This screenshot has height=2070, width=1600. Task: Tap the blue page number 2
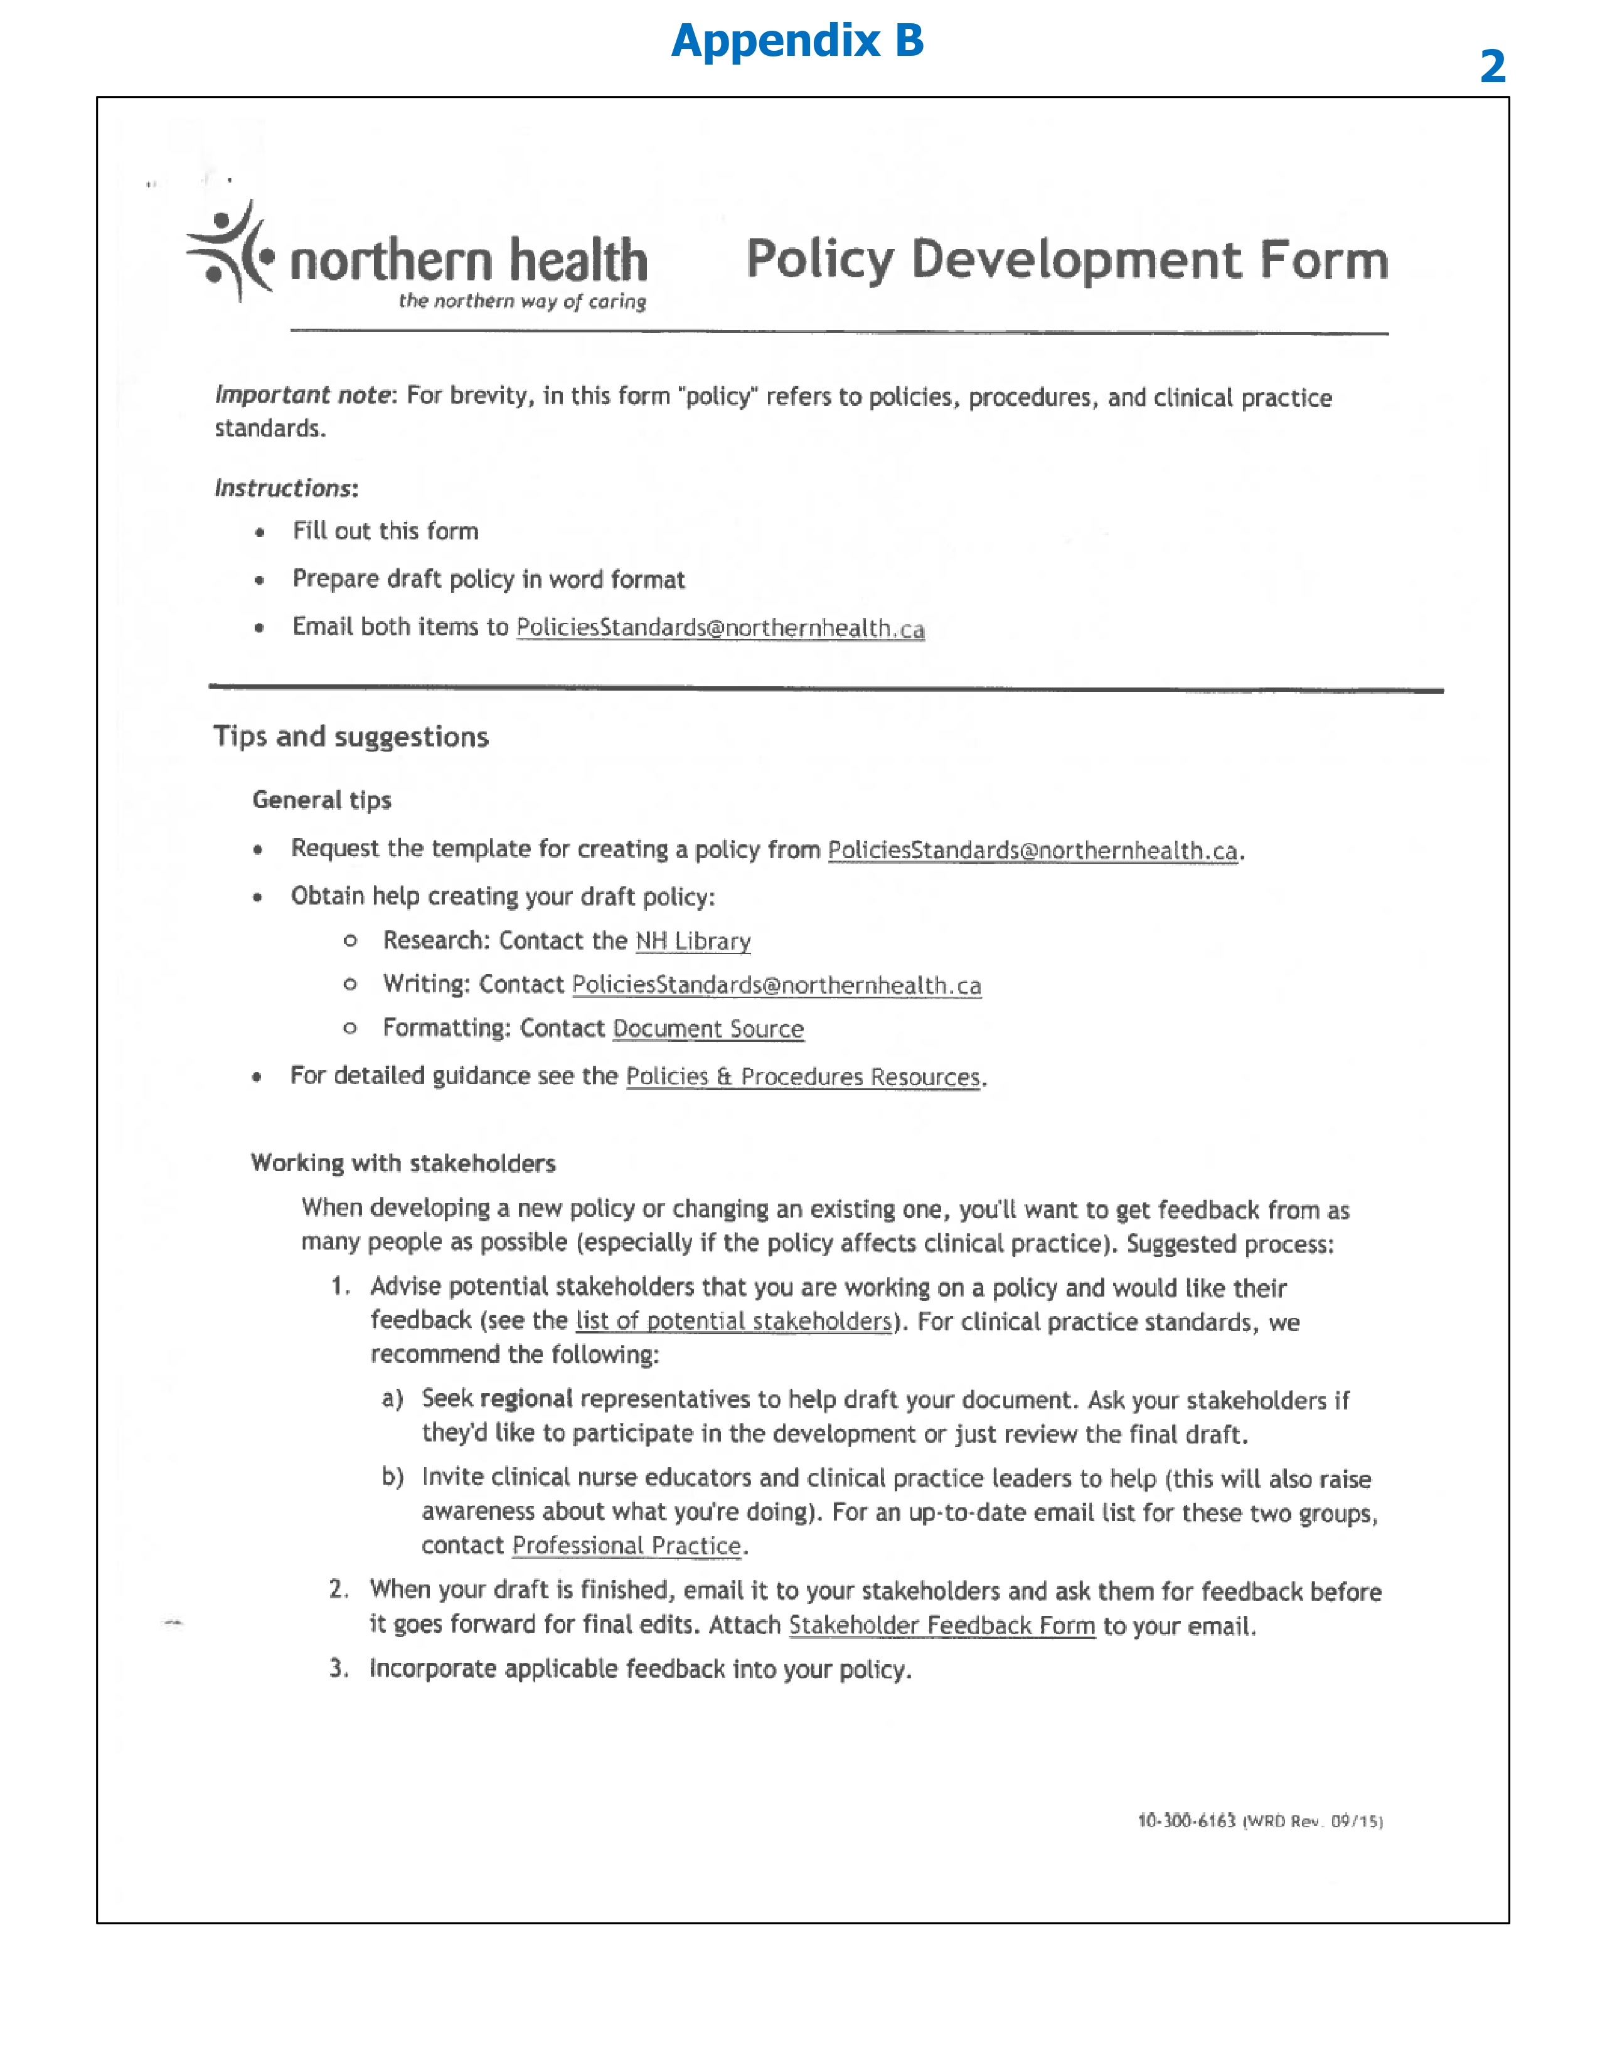(1493, 66)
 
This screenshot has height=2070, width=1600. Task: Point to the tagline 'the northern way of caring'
(522, 301)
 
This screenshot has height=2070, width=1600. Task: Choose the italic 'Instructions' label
(284, 488)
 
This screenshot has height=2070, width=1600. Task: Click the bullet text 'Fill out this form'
(385, 531)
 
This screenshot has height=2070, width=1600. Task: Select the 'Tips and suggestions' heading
(351, 736)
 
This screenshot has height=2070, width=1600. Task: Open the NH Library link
(693, 941)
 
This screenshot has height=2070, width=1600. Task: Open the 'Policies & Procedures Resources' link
(803, 1076)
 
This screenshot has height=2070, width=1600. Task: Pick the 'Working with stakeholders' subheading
(403, 1163)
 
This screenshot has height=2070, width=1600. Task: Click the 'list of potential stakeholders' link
(733, 1320)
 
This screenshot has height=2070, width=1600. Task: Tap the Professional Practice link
(627, 1546)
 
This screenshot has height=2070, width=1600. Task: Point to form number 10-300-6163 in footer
(1186, 1821)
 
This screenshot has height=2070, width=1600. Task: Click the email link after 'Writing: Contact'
(776, 985)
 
